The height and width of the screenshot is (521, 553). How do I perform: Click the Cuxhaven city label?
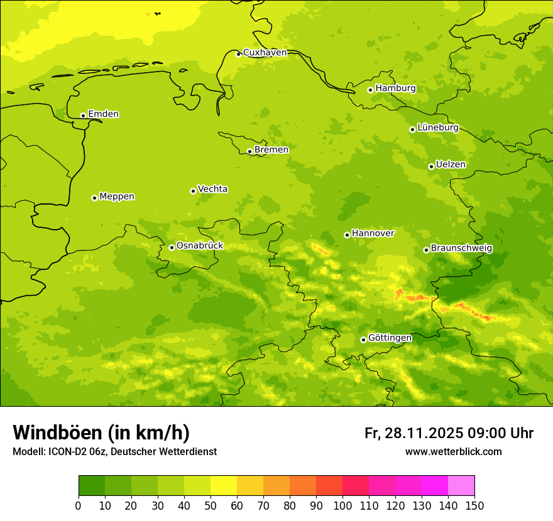(265, 53)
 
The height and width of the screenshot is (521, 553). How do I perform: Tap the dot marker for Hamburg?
(370, 90)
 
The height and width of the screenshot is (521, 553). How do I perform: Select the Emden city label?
(103, 114)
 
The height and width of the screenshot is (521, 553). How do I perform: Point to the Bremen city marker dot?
(249, 151)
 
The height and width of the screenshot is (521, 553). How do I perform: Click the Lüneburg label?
(437, 127)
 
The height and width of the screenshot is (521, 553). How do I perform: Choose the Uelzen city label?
(451, 164)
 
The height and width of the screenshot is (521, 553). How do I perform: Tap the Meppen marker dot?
(94, 198)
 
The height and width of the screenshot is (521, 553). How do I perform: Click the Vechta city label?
(212, 189)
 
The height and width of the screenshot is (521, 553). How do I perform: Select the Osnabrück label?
(200, 245)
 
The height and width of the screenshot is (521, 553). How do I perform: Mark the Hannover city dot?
(347, 235)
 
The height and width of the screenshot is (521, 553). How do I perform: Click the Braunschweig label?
(461, 248)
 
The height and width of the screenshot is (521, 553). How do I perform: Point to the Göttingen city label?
(390, 338)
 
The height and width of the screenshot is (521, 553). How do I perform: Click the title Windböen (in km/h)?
(101, 432)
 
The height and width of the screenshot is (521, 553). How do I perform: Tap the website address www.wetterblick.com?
(453, 451)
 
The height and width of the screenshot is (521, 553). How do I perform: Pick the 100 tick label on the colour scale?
(342, 506)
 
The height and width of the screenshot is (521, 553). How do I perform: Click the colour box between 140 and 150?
(461, 486)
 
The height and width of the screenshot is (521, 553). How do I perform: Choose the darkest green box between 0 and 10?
(92, 486)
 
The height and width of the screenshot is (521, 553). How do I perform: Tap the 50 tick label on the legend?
(211, 506)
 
